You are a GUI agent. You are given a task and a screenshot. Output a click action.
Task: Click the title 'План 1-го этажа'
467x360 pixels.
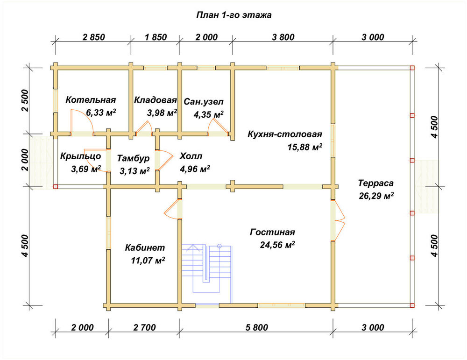[x=234, y=15]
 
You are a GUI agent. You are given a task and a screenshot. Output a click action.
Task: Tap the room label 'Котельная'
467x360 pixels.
[x=91, y=100]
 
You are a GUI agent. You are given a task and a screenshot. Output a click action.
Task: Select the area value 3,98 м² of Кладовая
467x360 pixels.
[x=162, y=113]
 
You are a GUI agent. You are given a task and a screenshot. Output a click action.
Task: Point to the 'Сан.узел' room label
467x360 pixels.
[x=204, y=102]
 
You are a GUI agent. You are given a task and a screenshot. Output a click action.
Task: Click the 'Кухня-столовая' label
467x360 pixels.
[x=285, y=134]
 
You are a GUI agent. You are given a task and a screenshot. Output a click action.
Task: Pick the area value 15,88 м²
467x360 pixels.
[x=304, y=147]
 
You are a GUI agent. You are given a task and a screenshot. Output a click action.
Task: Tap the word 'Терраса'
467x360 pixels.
[x=375, y=183]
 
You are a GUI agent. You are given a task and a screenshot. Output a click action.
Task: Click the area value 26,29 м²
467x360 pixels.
[x=376, y=196]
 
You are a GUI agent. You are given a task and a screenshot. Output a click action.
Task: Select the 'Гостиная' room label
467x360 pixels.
[x=273, y=232]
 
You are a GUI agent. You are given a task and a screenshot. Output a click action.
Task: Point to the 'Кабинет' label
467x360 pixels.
[x=145, y=248]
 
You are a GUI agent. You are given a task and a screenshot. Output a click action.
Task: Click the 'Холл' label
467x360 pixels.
[x=191, y=156]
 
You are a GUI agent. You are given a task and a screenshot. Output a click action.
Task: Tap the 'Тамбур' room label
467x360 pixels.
[x=133, y=158]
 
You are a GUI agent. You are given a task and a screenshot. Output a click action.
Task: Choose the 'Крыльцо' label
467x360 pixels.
[x=80, y=156]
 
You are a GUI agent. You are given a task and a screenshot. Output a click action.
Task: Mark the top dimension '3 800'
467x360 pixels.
[x=283, y=37]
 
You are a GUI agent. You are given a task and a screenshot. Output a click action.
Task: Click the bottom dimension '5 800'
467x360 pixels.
[x=257, y=327]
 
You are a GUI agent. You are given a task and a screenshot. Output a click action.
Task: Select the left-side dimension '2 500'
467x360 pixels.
[x=25, y=100]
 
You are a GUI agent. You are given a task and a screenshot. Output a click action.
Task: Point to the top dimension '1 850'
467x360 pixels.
[x=156, y=37]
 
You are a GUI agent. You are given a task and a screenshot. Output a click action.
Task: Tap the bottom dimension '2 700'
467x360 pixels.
[x=144, y=327]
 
